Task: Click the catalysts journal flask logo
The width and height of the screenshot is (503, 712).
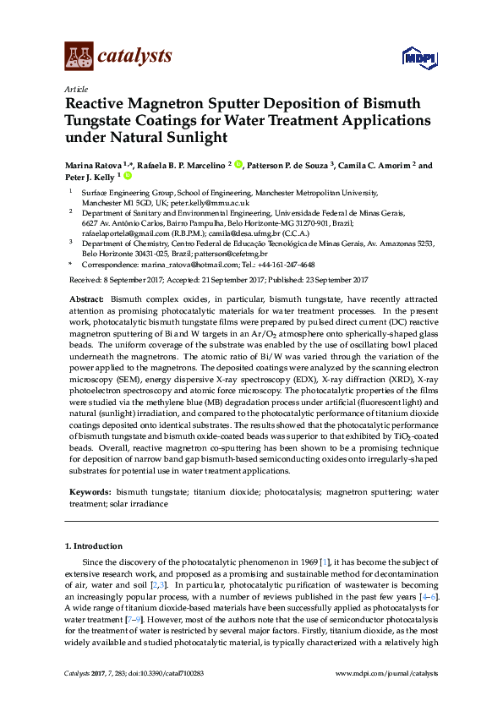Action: pyautogui.click(x=79, y=57)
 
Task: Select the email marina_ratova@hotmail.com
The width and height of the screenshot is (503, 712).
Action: pyautogui.click(x=172, y=265)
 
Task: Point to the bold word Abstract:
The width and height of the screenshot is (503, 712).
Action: pyautogui.click(x=85, y=300)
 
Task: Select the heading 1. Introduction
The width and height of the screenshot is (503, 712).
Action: pyautogui.click(x=94, y=546)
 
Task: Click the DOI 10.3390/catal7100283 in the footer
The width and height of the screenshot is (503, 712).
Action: pyautogui.click(x=151, y=674)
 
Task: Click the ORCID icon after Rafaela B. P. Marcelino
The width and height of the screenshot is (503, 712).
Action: pyautogui.click(x=238, y=166)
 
